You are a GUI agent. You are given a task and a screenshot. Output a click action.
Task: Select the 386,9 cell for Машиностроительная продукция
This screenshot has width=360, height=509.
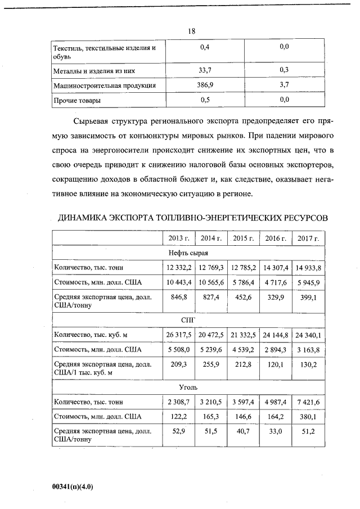[204, 85]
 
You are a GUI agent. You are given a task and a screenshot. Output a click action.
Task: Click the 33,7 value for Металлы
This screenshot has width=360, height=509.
[204, 71]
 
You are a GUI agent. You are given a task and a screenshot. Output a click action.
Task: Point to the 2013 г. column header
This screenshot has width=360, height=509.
[178, 238]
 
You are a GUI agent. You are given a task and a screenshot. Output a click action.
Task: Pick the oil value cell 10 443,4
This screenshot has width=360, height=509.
[178, 281]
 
